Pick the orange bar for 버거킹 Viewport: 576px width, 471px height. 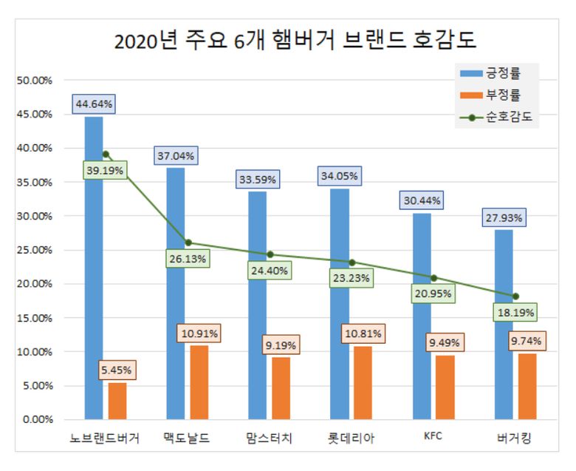pyautogui.click(x=527, y=386)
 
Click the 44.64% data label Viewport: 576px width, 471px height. pyautogui.click(x=94, y=104)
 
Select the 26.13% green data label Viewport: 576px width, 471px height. pyautogui.click(x=188, y=260)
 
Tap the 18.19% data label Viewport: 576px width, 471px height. pyautogui.click(x=515, y=313)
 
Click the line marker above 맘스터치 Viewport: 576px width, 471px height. pyautogui.click(x=270, y=254)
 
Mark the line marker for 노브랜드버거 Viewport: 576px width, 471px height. pyautogui.click(x=106, y=155)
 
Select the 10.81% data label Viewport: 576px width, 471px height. pyautogui.click(x=363, y=334)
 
